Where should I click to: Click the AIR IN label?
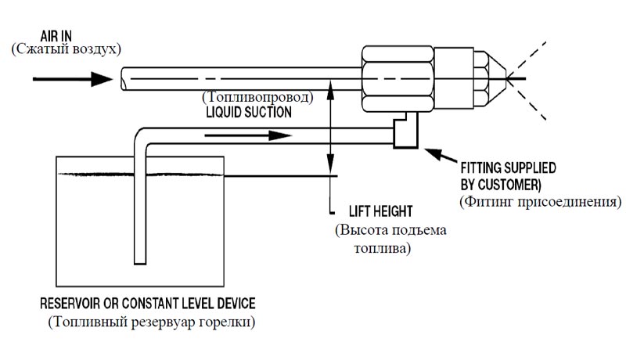click(56, 36)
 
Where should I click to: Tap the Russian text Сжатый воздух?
click(66, 49)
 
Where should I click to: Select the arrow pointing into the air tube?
click(73, 79)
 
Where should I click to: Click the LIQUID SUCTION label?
click(249, 113)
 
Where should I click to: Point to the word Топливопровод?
click(257, 97)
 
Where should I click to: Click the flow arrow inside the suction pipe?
click(248, 135)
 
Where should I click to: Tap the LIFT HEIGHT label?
click(380, 211)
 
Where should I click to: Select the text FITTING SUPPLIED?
click(508, 167)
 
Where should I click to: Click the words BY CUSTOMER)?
click(501, 185)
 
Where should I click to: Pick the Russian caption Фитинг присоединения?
click(541, 202)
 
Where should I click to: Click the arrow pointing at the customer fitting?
click(441, 155)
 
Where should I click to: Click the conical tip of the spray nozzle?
click(496, 78)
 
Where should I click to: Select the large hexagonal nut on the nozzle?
click(398, 79)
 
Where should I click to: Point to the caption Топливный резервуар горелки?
click(152, 322)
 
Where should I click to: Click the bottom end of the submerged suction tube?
click(140, 264)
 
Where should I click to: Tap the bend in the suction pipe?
click(140, 135)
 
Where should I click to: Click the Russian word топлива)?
click(383, 249)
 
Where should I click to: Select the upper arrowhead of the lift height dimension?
click(330, 88)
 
